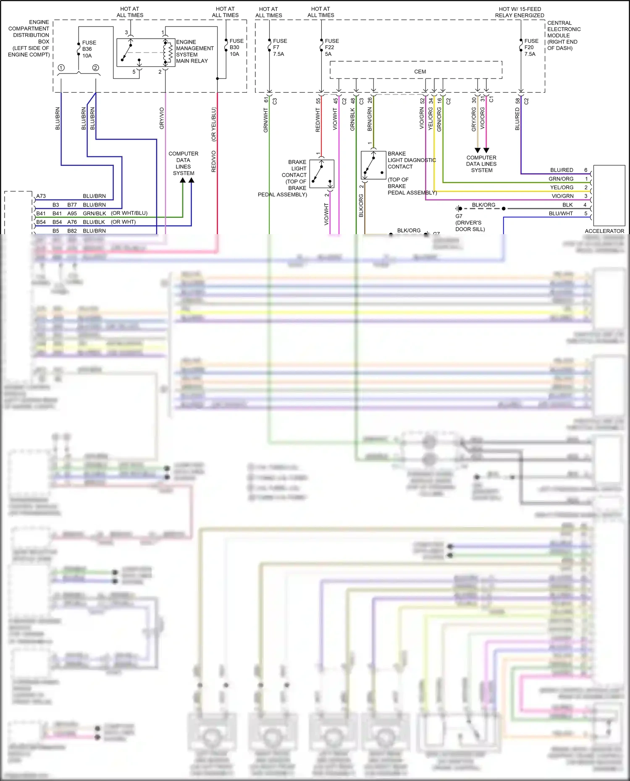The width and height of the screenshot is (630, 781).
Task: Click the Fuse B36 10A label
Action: click(x=89, y=49)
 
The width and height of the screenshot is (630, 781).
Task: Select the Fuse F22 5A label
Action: click(x=331, y=47)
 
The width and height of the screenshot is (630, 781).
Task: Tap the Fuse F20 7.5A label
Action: click(x=531, y=47)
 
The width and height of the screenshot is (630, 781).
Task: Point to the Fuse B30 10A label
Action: click(x=236, y=47)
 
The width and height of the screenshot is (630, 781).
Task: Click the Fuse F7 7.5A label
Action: click(x=279, y=47)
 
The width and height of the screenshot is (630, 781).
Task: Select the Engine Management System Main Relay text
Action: click(x=194, y=51)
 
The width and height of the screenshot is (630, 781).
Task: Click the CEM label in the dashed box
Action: click(x=420, y=72)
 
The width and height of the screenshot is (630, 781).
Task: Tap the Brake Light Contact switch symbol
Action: click(x=322, y=173)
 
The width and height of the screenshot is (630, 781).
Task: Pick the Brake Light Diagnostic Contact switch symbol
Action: click(x=373, y=165)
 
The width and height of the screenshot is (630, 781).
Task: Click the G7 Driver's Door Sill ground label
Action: click(x=470, y=223)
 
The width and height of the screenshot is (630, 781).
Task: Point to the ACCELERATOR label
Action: click(x=604, y=231)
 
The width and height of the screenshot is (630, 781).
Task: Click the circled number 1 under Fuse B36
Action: click(x=61, y=68)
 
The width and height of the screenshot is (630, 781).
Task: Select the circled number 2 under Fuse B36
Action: click(x=96, y=68)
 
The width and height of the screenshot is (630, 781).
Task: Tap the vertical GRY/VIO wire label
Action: click(x=162, y=118)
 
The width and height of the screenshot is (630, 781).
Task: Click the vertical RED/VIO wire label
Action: click(x=213, y=162)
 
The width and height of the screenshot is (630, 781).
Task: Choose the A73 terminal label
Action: click(x=41, y=196)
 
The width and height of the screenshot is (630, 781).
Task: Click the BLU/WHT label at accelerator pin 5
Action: click(x=560, y=214)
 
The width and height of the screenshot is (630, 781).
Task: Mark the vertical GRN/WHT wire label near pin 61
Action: click(x=265, y=120)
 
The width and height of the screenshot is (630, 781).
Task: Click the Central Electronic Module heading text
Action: click(x=563, y=35)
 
